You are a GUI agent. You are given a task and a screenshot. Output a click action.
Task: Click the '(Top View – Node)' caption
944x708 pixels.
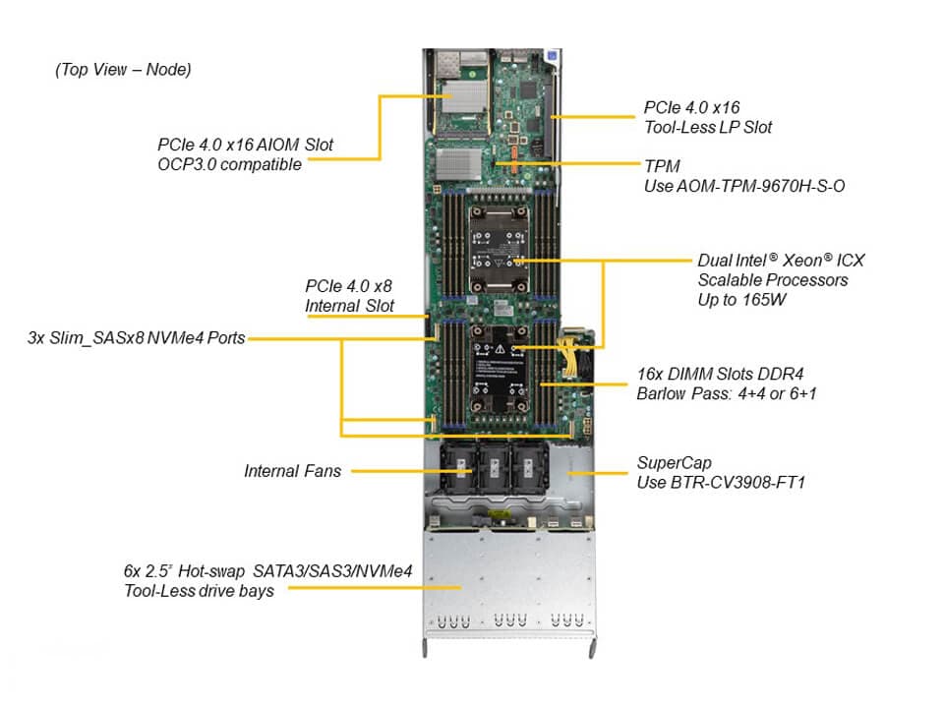click(x=123, y=70)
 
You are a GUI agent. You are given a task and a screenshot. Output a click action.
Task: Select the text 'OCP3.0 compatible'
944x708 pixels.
click(x=229, y=164)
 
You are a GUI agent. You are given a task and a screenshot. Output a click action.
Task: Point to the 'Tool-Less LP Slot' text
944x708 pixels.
click(x=708, y=127)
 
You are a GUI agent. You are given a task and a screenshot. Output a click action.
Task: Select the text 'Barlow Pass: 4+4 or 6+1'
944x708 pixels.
click(x=727, y=393)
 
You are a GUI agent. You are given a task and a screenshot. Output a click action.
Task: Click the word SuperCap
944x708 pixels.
click(x=673, y=462)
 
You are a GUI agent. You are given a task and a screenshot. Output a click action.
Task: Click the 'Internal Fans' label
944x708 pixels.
click(x=293, y=471)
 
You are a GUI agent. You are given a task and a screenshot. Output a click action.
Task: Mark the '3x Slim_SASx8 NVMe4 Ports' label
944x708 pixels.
click(x=137, y=338)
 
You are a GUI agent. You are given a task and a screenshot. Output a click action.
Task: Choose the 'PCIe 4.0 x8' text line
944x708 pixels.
click(x=348, y=286)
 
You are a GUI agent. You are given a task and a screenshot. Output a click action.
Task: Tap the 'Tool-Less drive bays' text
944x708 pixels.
click(x=199, y=590)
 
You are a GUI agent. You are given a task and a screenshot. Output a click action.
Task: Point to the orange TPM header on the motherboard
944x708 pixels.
click(x=512, y=160)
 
